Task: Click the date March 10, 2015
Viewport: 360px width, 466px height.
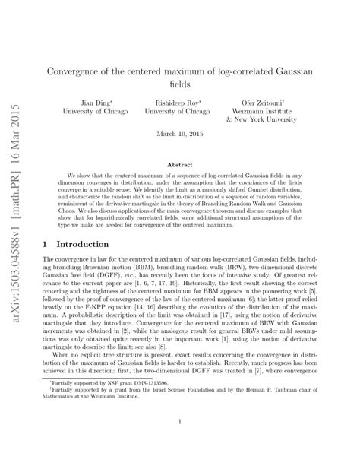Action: (180, 134)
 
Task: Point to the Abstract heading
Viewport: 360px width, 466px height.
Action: (180, 163)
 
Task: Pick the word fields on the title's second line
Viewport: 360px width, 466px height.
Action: (180, 84)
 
